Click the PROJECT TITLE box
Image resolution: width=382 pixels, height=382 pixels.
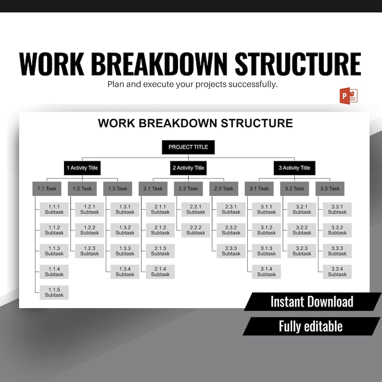coord(188,147)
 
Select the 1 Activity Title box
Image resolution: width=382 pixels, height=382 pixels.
coord(82,168)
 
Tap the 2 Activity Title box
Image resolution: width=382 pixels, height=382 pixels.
coord(188,168)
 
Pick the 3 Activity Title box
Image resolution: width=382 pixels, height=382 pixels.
coord(294,168)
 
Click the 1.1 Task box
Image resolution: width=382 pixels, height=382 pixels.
coord(47,189)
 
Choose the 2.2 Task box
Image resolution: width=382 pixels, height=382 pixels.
coord(189,189)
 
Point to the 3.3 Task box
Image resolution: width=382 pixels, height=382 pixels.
coord(330,189)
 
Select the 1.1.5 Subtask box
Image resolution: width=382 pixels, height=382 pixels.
coord(54,292)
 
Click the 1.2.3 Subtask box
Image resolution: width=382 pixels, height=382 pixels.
coord(89,251)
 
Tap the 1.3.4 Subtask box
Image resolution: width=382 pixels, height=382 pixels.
coord(125,271)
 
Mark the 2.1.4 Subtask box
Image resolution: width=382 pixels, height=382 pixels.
coord(160,271)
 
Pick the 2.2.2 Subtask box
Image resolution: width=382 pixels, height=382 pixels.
coord(196,230)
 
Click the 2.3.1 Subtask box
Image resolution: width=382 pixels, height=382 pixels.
coord(231,209)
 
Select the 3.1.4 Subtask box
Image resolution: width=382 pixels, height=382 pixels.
coord(267,271)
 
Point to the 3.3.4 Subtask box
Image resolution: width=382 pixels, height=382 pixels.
coord(337,271)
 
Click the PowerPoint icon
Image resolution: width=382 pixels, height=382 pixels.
coord(349,95)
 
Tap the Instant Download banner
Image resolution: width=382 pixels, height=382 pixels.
coord(312,302)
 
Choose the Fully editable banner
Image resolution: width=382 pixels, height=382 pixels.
coord(311,326)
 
